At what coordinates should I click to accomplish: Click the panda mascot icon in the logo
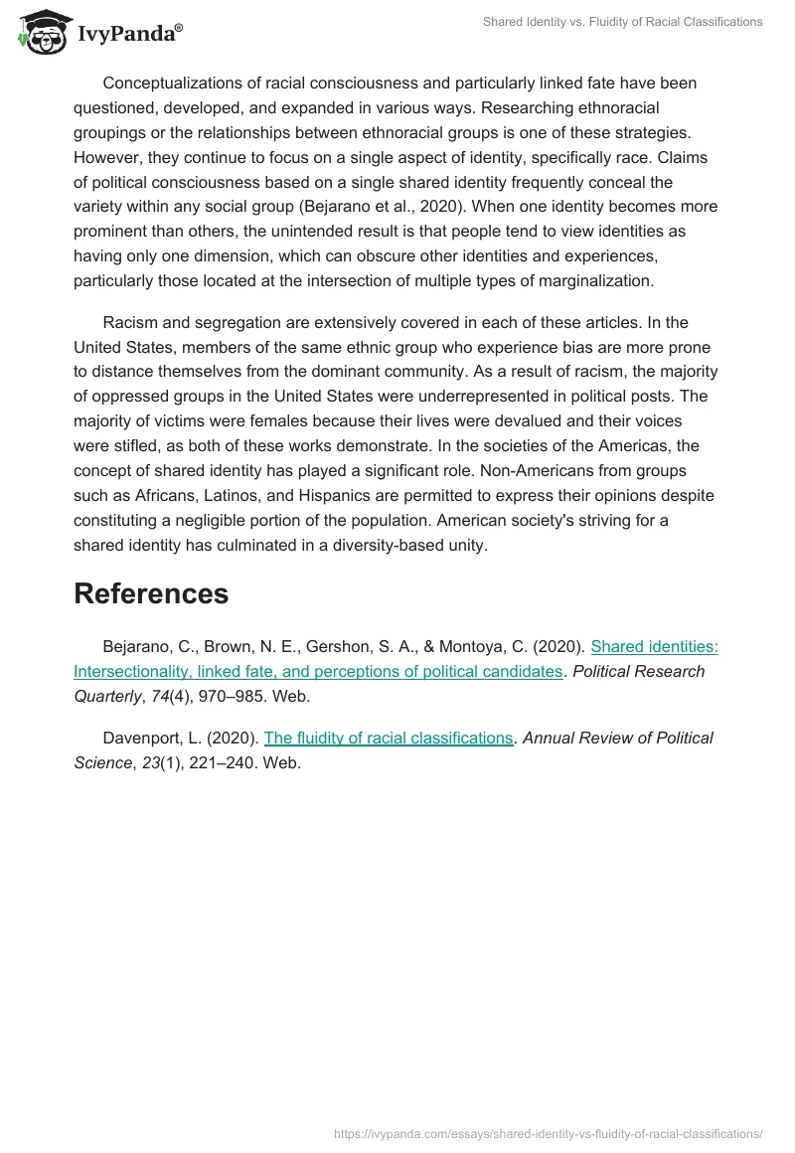coord(41,33)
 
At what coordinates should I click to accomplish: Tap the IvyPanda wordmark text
coord(129,35)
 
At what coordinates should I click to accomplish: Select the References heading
coord(151,593)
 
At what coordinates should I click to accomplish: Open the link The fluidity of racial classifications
coord(389,738)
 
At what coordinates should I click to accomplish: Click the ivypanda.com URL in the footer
coord(549,1133)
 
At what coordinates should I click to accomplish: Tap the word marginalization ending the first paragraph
coord(595,281)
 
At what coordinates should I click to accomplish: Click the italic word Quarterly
coord(106,696)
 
